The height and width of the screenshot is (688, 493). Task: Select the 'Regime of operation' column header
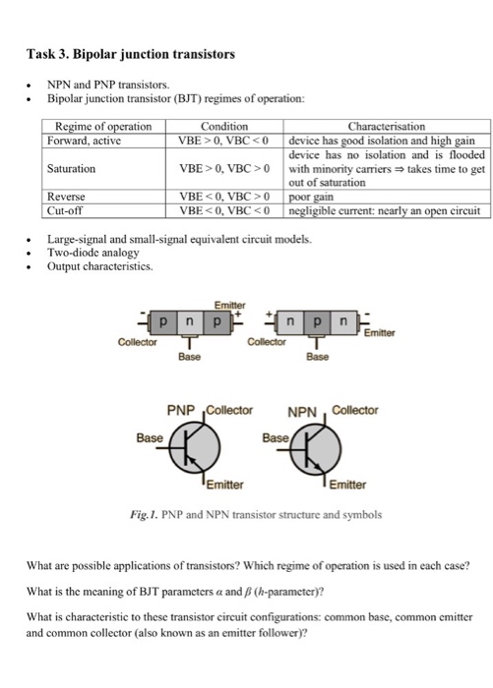pyautogui.click(x=102, y=127)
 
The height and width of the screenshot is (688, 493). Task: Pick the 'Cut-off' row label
pyautogui.click(x=67, y=209)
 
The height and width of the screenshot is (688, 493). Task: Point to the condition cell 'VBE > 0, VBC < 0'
pyautogui.click(x=223, y=141)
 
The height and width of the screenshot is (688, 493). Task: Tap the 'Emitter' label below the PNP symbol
pyautogui.click(x=224, y=484)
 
